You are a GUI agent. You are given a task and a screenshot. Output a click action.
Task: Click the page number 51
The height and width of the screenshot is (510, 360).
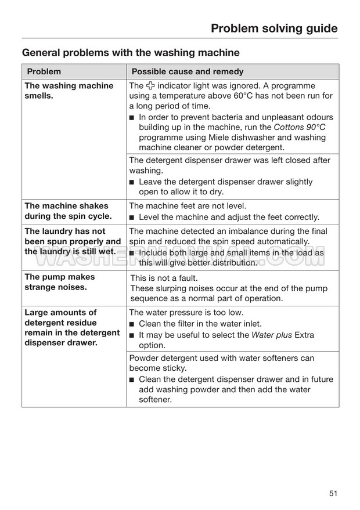point(333,493)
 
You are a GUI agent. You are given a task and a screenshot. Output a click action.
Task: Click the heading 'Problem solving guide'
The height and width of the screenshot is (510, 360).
point(273,28)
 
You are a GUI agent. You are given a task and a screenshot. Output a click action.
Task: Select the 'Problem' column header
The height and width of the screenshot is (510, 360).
point(44,72)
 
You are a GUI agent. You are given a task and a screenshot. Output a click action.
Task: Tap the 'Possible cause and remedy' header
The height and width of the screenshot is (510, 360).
point(188,72)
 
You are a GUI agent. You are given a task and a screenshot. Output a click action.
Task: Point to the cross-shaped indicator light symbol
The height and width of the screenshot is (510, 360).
point(152,86)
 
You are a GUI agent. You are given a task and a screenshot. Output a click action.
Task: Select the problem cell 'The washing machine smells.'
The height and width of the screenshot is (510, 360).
point(69,91)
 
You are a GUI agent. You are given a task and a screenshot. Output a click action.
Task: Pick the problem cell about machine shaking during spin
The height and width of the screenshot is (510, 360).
point(66,211)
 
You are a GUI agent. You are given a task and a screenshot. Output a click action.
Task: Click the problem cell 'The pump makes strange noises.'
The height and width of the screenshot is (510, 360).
point(59,282)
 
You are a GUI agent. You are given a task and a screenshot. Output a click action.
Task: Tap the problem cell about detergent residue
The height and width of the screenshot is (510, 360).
point(72,327)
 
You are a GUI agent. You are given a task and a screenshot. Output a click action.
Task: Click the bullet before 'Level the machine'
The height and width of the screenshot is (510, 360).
point(132,218)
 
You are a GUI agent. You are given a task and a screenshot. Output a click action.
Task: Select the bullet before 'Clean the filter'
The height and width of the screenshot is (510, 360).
point(132,324)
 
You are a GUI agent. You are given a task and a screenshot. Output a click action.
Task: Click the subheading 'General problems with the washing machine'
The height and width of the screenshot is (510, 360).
point(131,53)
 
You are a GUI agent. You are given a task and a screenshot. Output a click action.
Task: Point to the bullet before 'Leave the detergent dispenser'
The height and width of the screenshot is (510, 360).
point(132,182)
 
